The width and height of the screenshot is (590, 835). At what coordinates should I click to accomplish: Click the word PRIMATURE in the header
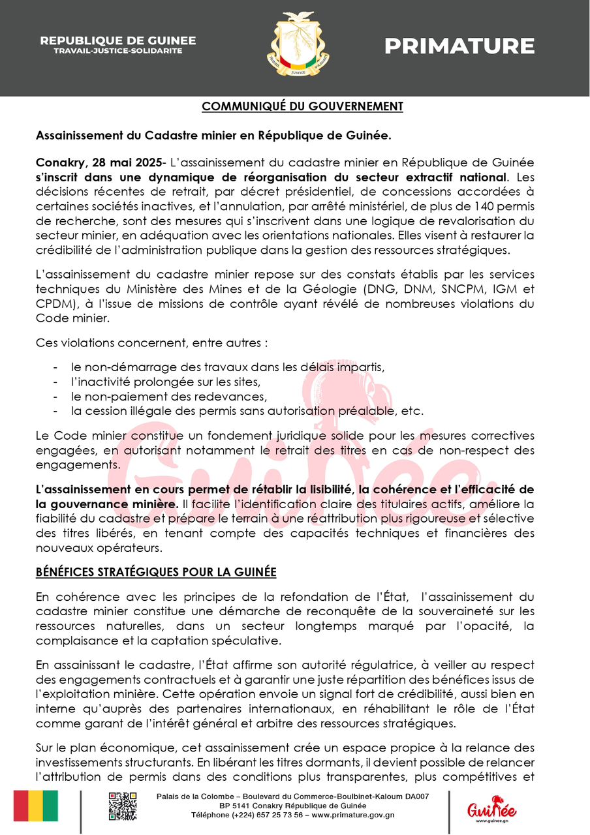click(x=459, y=46)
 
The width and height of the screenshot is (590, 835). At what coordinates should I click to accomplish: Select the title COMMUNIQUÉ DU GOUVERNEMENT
click(x=302, y=106)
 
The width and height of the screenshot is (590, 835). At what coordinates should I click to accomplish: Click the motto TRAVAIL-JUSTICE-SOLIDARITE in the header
click(x=117, y=50)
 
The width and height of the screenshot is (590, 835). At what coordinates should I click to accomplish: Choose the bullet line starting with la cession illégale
click(x=247, y=411)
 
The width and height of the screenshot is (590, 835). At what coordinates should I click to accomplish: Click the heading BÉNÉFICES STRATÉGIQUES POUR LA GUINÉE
click(x=156, y=572)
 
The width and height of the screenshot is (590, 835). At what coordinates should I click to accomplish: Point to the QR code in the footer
click(x=123, y=806)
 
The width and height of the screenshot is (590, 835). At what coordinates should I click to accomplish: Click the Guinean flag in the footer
click(x=36, y=806)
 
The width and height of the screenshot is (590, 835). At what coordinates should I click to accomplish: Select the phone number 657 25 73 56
click(x=277, y=815)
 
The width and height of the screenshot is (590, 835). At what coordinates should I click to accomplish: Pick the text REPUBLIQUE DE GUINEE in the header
click(x=117, y=40)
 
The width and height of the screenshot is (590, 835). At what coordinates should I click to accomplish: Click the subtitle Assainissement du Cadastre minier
click(x=213, y=136)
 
